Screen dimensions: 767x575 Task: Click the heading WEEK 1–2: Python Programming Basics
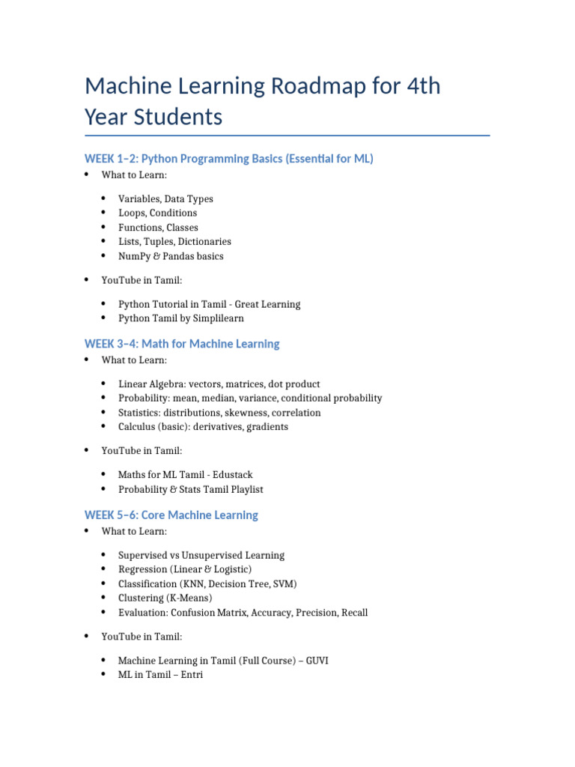coord(228,159)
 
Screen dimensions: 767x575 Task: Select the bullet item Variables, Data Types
coord(165,199)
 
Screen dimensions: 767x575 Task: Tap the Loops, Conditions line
coord(157,213)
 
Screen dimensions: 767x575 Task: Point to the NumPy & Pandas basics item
coord(171,256)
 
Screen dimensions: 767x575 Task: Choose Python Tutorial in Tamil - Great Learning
coord(209,305)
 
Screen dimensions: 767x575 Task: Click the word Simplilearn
coord(217,318)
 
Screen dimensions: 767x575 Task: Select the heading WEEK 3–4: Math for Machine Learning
coord(182,344)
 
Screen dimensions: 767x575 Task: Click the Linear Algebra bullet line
coord(219,384)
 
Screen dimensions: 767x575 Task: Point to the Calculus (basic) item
coord(203,427)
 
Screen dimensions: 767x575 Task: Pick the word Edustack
coord(231,475)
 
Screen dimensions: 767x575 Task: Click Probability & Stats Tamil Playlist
coord(190,490)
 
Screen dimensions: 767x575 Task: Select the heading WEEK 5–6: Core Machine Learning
coord(171,515)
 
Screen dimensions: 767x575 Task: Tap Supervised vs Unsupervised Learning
coord(201,556)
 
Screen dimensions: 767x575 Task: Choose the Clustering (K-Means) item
coord(165,598)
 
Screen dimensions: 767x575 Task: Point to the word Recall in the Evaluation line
coord(354,613)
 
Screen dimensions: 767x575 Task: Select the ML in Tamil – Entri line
coord(160,676)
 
